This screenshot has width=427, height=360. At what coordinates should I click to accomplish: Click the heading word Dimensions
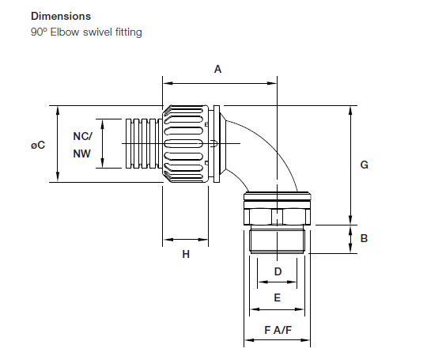(x=61, y=16)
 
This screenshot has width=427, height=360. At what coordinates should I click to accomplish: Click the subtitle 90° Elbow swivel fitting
(x=86, y=32)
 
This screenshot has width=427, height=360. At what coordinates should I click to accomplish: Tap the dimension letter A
(x=218, y=70)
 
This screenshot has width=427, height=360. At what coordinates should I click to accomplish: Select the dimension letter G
(x=365, y=165)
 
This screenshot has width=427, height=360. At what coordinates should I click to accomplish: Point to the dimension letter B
(x=365, y=238)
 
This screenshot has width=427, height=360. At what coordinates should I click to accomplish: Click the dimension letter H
(x=186, y=254)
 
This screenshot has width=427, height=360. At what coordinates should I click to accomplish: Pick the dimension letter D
(x=278, y=271)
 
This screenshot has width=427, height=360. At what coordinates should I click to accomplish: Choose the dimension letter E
(x=278, y=297)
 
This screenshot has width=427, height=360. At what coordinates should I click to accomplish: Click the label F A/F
(x=278, y=329)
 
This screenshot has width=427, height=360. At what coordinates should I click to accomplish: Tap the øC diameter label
(x=37, y=145)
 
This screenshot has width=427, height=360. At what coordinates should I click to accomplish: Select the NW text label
(x=82, y=154)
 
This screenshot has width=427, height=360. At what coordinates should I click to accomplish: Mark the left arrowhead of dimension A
(x=166, y=81)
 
